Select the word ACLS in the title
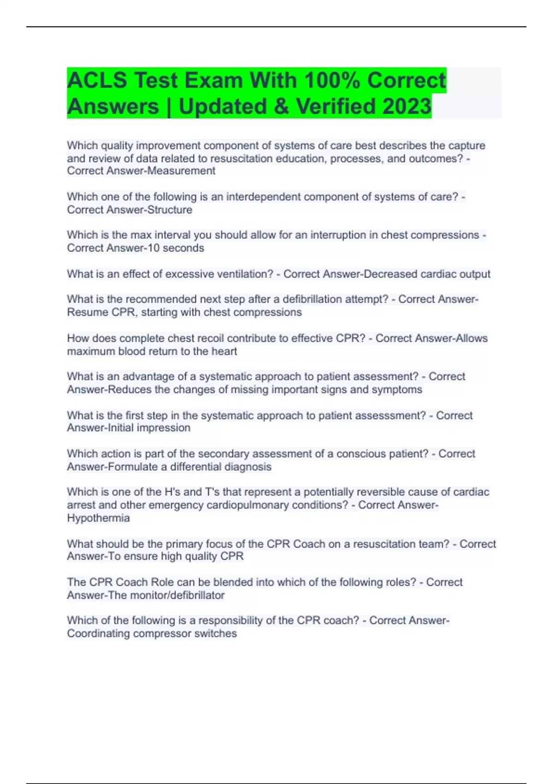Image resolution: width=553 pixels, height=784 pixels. [x=97, y=80]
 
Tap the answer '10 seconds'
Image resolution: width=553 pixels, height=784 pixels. [x=175, y=248]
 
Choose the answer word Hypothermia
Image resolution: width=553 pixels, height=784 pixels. [x=98, y=518]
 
